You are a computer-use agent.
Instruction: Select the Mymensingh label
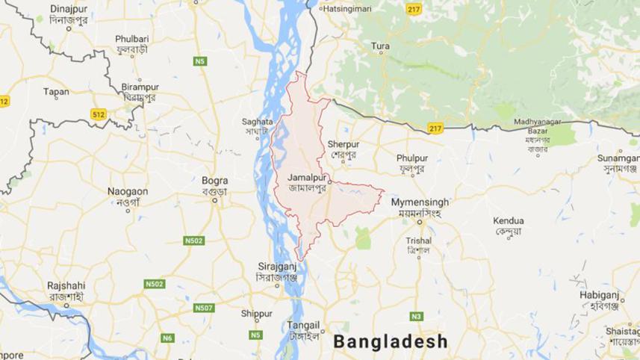tap(420, 202)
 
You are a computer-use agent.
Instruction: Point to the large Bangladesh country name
tap(391, 342)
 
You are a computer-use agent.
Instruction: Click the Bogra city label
tap(214, 180)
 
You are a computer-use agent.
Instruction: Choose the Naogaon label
tap(128, 191)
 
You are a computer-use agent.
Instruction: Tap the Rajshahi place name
tap(66, 285)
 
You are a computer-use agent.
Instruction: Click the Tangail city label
tap(304, 325)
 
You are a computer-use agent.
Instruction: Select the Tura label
tap(381, 46)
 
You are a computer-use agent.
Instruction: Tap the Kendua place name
tap(509, 221)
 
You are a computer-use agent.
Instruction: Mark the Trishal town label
tap(418, 240)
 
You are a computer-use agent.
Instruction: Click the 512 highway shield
tap(99, 114)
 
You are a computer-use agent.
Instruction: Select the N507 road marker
tap(204, 307)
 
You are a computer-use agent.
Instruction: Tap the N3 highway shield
tap(416, 316)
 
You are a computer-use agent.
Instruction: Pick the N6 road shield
tap(169, 338)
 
